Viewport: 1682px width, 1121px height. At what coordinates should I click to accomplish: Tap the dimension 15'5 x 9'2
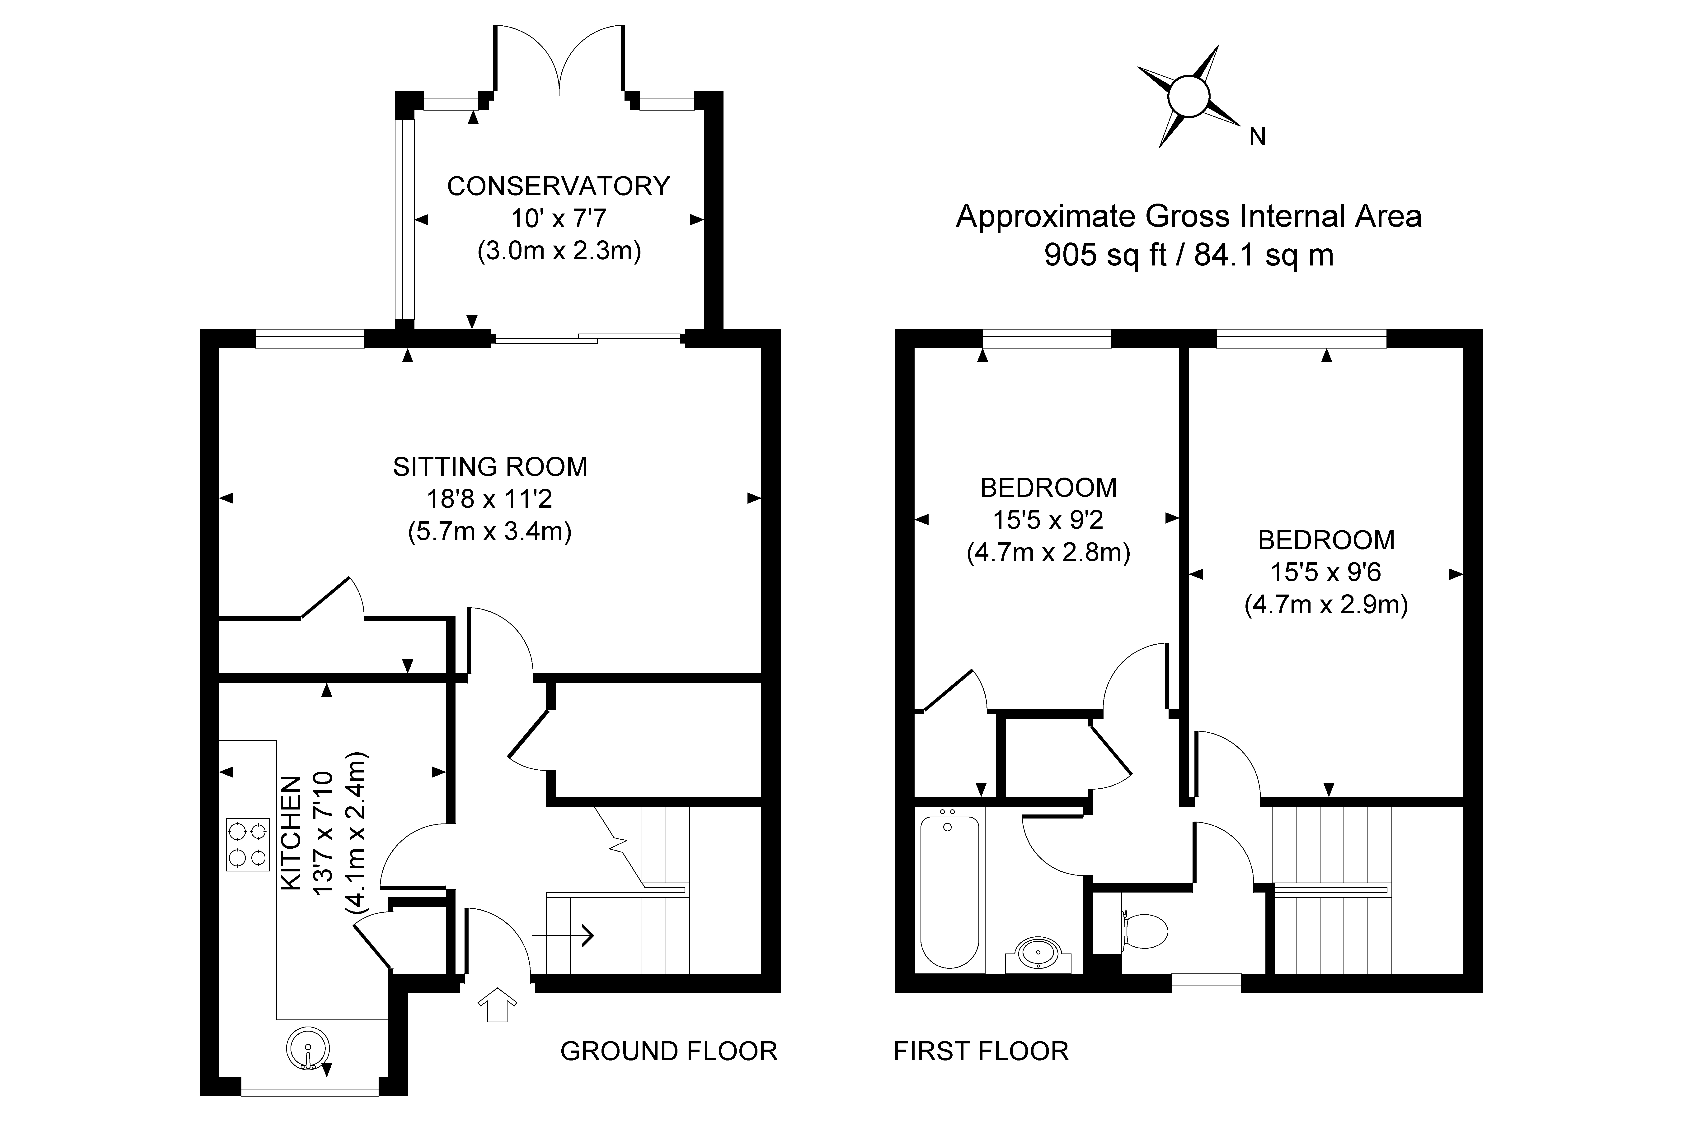[1048, 520]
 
